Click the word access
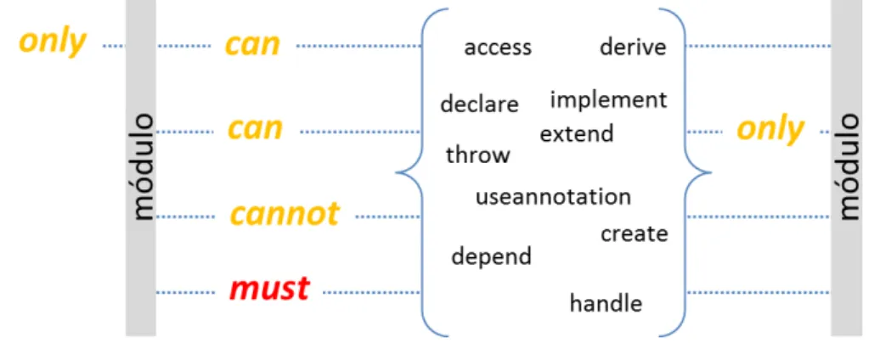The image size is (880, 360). (x=497, y=48)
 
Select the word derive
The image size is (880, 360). (x=633, y=47)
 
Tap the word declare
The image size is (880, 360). (x=479, y=104)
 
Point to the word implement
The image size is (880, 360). (x=608, y=100)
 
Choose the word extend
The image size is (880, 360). (x=577, y=134)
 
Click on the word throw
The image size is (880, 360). (x=478, y=155)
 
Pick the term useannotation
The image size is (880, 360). (x=553, y=197)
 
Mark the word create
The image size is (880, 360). (x=635, y=233)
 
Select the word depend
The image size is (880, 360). (x=492, y=256)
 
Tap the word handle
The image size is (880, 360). (x=606, y=303)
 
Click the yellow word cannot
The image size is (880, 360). (x=285, y=214)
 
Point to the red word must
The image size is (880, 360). (x=270, y=290)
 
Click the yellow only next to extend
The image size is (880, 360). (x=770, y=131)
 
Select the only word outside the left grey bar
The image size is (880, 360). (x=54, y=43)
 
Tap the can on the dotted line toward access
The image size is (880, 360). (x=252, y=45)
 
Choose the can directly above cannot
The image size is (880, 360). (x=255, y=129)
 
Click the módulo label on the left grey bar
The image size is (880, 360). (x=140, y=166)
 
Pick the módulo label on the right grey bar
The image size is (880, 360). (x=847, y=166)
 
